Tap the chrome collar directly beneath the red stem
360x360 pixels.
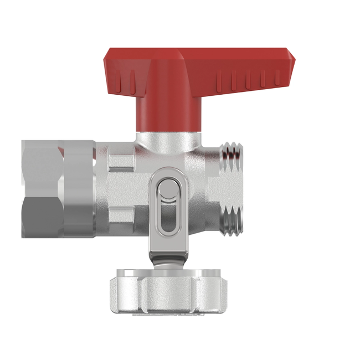click(166, 141)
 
